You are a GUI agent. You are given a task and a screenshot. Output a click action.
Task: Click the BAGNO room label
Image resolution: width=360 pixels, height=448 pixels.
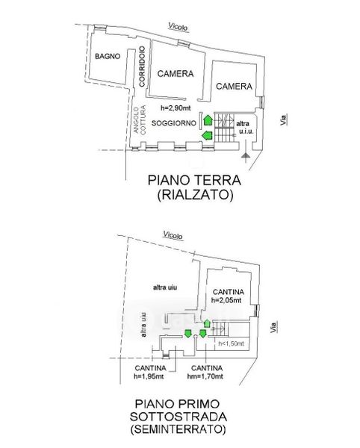pos(108,56)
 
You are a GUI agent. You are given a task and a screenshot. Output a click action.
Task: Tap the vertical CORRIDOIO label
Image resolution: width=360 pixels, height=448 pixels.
pos(142,66)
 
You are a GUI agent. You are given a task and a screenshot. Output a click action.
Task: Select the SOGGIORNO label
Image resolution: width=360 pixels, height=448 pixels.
pos(174,123)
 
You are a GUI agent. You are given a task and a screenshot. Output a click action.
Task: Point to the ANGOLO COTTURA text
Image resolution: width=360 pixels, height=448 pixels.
pos(140,119)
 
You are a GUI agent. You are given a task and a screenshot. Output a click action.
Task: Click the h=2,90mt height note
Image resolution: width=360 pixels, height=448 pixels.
pos(176,108)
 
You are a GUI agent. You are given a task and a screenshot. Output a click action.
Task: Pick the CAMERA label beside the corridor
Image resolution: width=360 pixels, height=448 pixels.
pos(176,74)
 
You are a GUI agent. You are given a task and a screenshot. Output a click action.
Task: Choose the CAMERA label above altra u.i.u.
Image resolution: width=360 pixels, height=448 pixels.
pos(234,86)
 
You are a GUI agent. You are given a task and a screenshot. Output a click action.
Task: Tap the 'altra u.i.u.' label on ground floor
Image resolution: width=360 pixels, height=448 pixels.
pos(244,128)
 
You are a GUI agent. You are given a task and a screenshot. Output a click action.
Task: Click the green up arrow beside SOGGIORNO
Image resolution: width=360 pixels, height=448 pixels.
pos(208,119)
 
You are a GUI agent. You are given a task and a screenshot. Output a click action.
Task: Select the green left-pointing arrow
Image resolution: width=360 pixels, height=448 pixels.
pos(207,135)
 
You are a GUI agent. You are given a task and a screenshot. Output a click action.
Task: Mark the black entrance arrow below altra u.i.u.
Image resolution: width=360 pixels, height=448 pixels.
pos(246,152)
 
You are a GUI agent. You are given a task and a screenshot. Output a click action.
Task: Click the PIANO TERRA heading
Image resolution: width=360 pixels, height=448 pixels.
pos(194,181)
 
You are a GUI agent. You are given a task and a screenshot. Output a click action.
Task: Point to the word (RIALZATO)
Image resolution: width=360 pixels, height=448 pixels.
pos(195,195)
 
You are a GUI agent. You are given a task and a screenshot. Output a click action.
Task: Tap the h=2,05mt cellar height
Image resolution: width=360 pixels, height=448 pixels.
pos(226,300)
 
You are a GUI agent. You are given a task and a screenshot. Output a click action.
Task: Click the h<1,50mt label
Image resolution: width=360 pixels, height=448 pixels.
pos(231,343)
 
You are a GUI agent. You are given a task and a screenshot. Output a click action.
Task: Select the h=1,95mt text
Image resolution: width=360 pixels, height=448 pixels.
pos(149,376)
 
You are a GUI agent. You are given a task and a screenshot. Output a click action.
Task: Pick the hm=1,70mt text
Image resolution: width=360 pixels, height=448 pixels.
pos(205,376)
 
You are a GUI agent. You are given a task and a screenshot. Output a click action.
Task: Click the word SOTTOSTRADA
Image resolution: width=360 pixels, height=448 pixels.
pos(179,417)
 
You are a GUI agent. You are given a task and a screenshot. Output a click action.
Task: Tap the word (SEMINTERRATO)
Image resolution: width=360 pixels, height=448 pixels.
pos(178,429)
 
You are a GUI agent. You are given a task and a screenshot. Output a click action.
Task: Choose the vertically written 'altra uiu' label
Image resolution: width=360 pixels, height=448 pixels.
pos(143,324)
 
